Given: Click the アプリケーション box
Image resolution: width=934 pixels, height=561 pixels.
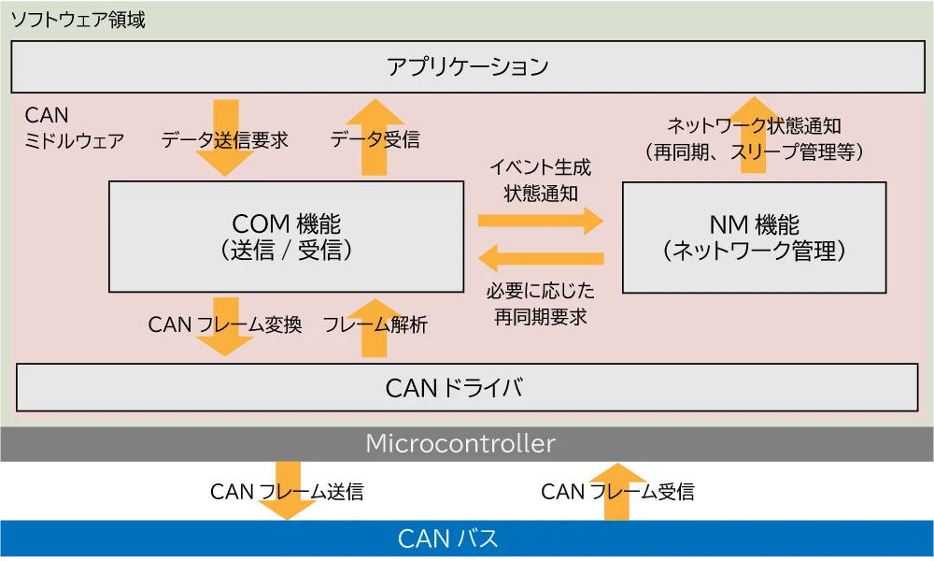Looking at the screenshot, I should pyautogui.click(x=467, y=67).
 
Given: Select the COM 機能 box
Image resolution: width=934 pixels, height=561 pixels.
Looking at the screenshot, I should pyautogui.click(x=286, y=237).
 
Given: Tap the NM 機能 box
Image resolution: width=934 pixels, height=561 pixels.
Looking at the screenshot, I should pyautogui.click(x=754, y=237).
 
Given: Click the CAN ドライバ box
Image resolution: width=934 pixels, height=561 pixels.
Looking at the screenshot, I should pyautogui.click(x=467, y=388).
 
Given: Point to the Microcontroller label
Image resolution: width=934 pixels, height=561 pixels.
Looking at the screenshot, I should pyautogui.click(x=460, y=443).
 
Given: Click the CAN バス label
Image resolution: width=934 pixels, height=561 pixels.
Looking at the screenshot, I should pyautogui.click(x=448, y=539).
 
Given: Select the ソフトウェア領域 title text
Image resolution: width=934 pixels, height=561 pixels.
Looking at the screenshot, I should pyautogui.click(x=78, y=19).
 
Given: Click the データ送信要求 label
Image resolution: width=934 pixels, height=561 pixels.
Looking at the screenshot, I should pyautogui.click(x=224, y=140).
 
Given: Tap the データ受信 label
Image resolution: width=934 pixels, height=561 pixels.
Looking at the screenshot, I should pyautogui.click(x=375, y=140).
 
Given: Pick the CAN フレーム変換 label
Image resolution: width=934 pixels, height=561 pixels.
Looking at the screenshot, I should pyautogui.click(x=225, y=325).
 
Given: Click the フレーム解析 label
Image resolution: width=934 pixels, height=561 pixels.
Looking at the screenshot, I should pyautogui.click(x=375, y=325).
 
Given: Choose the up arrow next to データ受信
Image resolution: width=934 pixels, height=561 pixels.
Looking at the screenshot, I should pyautogui.click(x=375, y=137).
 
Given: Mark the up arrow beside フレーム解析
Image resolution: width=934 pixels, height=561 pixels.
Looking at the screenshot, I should pyautogui.click(x=374, y=327).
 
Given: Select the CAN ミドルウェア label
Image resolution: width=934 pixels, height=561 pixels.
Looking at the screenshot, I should pyautogui.click(x=74, y=128).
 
